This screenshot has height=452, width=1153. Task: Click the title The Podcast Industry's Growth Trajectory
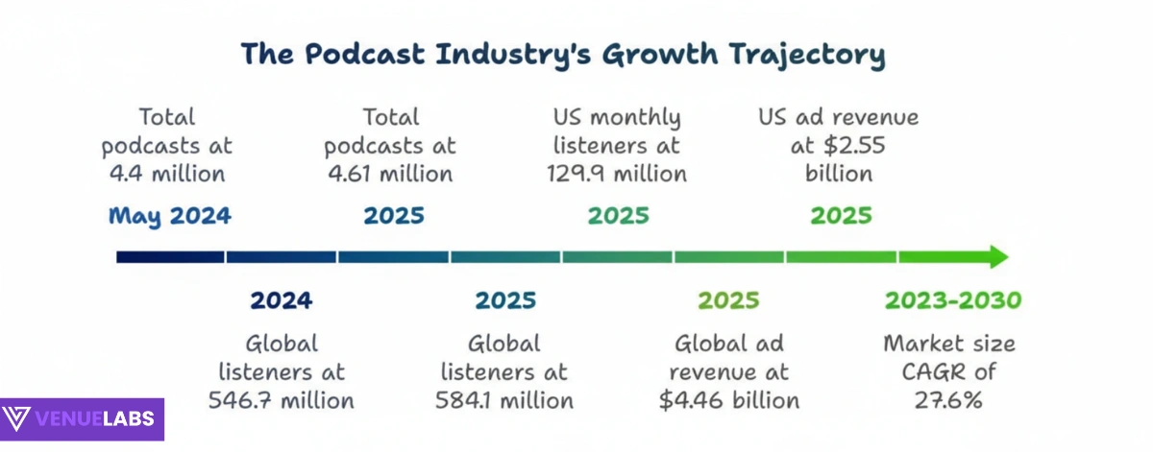click(562, 54)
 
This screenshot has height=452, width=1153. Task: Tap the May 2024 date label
click(169, 215)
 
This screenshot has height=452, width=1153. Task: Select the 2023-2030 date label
click(952, 300)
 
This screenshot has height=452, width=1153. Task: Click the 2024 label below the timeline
click(281, 300)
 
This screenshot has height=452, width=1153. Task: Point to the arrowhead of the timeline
click(996, 256)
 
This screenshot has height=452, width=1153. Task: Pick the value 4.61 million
click(390, 175)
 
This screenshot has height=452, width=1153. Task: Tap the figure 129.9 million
click(617, 175)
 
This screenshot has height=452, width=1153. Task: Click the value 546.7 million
click(281, 400)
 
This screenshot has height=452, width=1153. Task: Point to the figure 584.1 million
click(504, 400)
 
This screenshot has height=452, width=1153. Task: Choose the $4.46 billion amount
click(729, 400)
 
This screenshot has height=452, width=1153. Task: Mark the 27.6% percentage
click(948, 400)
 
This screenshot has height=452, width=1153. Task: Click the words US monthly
click(617, 118)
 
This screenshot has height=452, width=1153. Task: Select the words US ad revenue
click(839, 118)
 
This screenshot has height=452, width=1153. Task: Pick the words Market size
click(949, 344)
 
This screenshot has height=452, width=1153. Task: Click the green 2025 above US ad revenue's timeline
click(841, 215)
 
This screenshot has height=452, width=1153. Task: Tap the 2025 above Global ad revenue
click(728, 300)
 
